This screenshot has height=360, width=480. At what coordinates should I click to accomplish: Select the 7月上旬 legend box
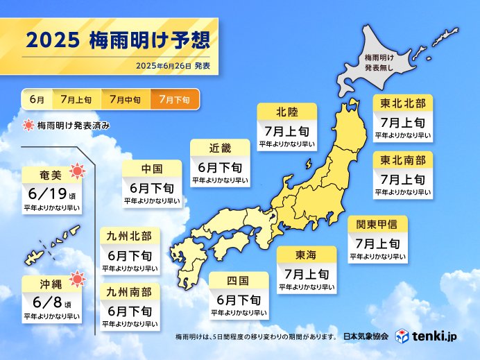76,100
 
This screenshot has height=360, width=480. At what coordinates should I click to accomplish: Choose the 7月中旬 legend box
125,100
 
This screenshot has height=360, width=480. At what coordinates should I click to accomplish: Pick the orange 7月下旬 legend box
174,100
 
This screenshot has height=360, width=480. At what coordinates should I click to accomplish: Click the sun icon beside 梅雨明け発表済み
28,126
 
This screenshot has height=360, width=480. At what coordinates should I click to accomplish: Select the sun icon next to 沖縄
78,279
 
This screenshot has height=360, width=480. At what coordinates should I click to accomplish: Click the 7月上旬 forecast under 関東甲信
378,243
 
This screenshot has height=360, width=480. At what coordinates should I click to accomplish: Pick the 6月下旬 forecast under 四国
238,300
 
